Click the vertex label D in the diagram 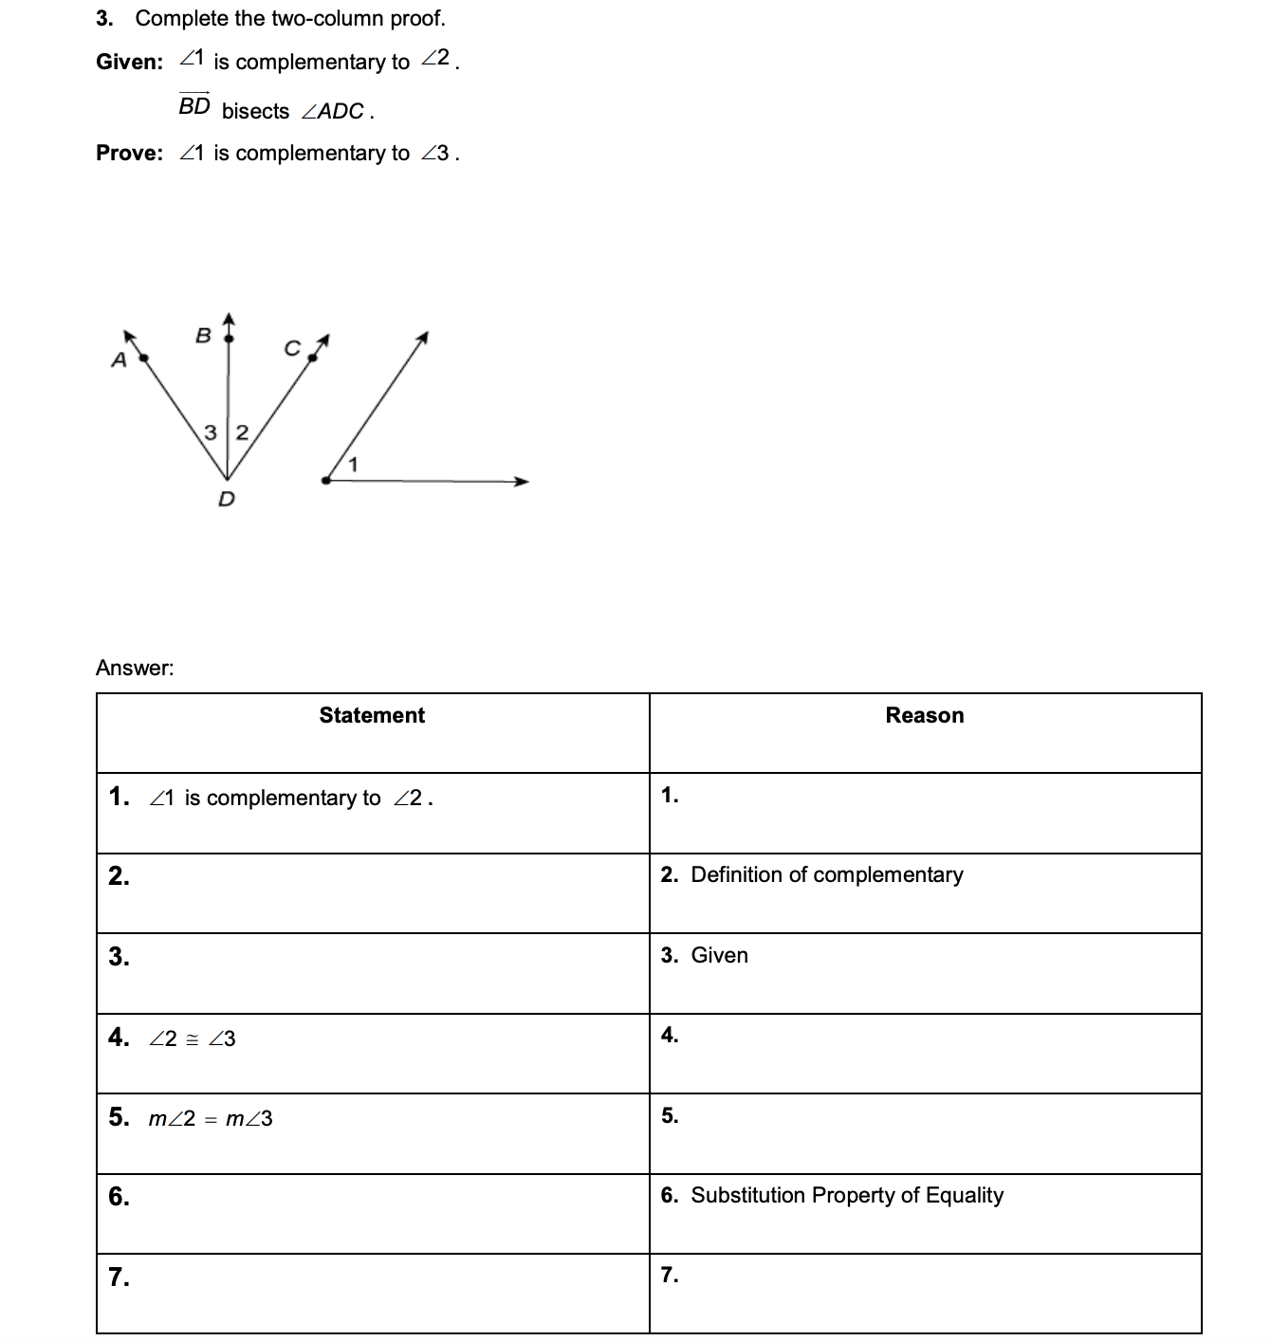point(226,499)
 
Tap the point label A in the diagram point(119,360)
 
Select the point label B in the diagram point(202,335)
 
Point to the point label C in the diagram point(292,349)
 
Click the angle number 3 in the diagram point(212,433)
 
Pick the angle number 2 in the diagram point(241,433)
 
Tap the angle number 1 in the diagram point(353,464)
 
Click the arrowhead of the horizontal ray point(521,482)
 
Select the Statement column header point(372,715)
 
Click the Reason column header point(924,715)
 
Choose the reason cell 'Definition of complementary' point(826,874)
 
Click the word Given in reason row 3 point(719,955)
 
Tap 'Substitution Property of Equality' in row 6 point(846,1195)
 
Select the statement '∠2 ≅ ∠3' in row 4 point(192,1039)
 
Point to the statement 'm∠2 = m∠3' point(210,1119)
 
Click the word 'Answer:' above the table point(135,668)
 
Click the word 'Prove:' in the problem point(130,153)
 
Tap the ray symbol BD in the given point(194,105)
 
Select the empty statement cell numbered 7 point(373,1294)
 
